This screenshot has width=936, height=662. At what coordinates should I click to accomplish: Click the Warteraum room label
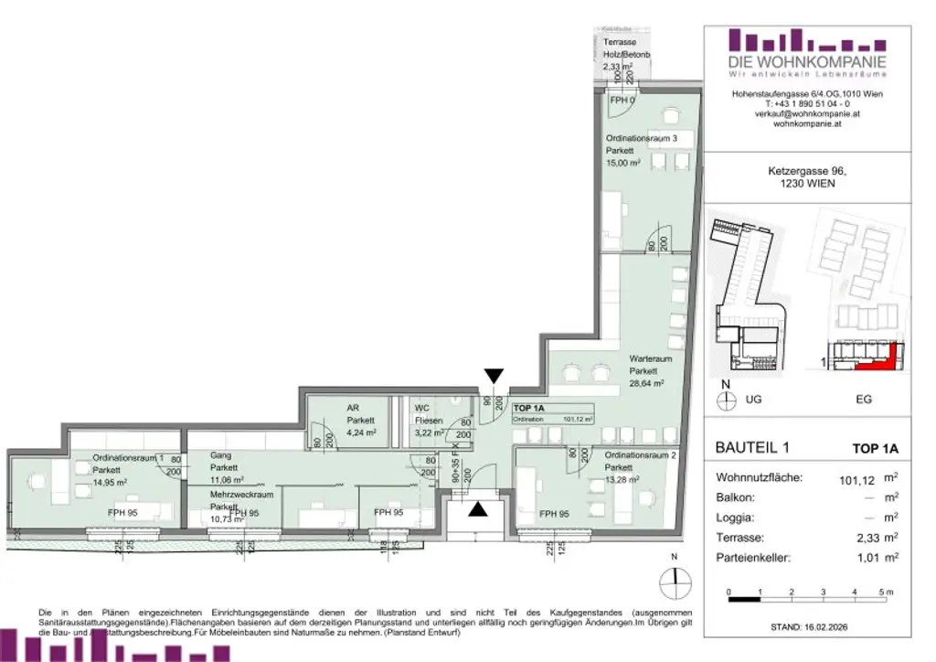click(646, 359)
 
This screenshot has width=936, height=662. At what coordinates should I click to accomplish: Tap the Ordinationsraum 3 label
click(641, 138)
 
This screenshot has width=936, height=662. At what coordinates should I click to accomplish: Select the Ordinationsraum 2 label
click(642, 454)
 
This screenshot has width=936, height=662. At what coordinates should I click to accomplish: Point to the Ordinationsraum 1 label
click(128, 458)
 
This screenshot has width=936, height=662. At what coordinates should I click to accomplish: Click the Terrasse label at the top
click(620, 43)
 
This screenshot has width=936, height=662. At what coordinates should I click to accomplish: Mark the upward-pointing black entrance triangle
click(478, 509)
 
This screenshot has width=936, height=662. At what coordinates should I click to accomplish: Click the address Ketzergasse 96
click(807, 170)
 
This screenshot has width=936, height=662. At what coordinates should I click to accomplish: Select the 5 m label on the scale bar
click(884, 593)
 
